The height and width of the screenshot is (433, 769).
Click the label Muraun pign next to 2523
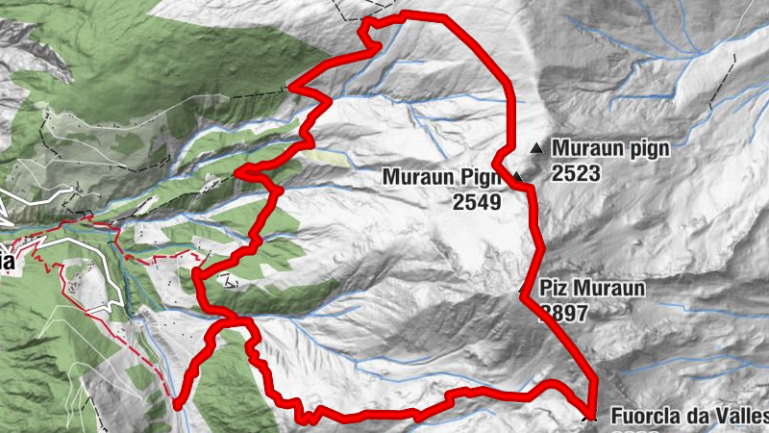609,149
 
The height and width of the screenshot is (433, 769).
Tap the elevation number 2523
576,173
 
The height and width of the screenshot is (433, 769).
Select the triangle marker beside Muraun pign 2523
536,148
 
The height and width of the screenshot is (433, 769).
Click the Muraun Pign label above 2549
441,177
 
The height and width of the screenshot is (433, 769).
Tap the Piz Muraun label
592,288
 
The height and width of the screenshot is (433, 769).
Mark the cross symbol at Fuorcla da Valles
590,416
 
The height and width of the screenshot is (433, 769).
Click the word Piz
554,288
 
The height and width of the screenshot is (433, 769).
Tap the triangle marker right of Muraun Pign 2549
517,177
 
